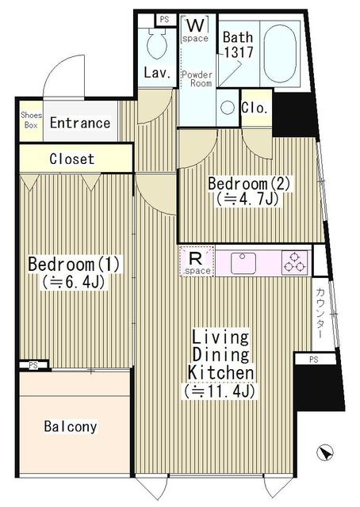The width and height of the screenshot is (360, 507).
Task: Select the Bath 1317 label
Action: pyautogui.click(x=237, y=44)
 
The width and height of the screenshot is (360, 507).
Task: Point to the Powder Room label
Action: pyautogui.click(x=196, y=78)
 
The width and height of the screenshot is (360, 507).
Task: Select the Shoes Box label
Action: pyautogui.click(x=31, y=120)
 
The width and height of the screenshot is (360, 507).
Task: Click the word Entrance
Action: pyautogui.click(x=80, y=123)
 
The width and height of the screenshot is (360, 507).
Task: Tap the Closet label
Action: pyautogui.click(x=72, y=159)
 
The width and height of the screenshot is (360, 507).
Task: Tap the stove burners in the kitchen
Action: pyautogui.click(x=294, y=261)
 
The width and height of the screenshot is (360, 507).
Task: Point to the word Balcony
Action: pyautogui.click(x=71, y=427)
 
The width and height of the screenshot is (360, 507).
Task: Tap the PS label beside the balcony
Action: pyautogui.click(x=33, y=364)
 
